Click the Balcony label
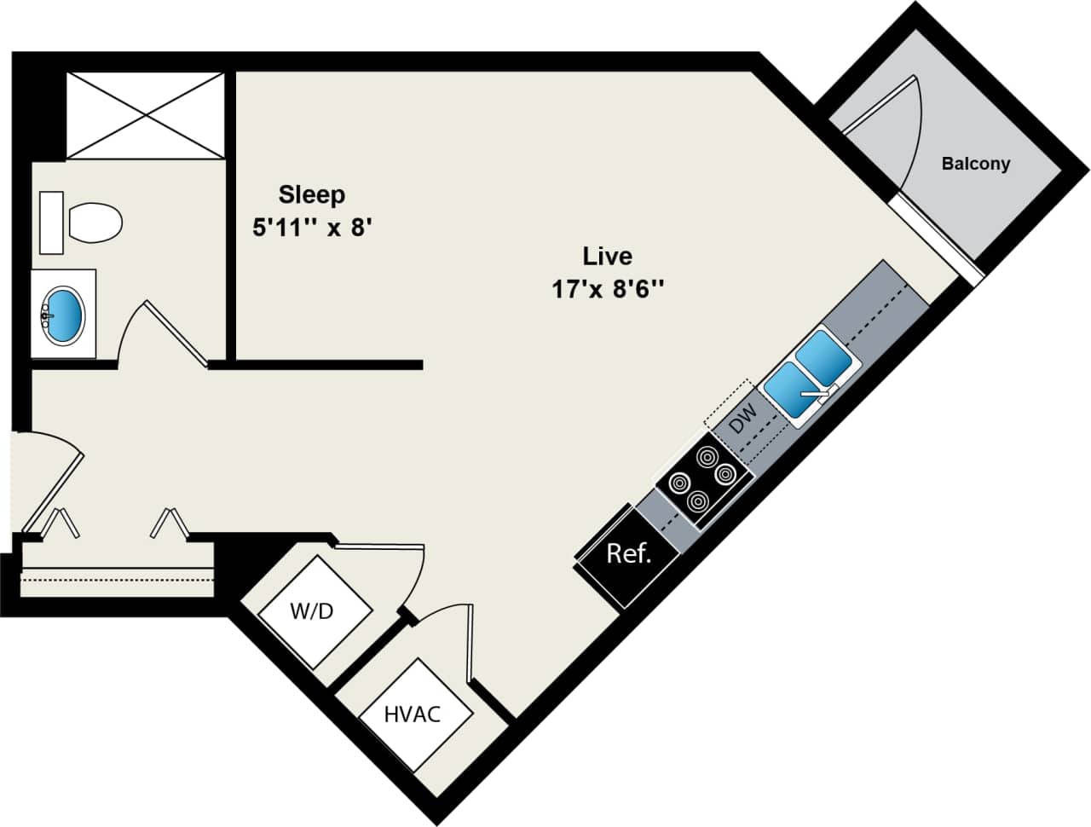point(975,164)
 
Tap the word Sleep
point(312,194)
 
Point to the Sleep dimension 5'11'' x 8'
point(313,228)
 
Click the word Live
point(607,256)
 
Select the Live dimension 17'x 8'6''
point(607,289)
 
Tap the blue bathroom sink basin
point(64,314)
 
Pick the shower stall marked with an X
point(145,115)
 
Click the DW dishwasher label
point(743,418)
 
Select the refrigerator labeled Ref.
point(628,555)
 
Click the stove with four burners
point(702,479)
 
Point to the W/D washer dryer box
point(315,611)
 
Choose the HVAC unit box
point(413,714)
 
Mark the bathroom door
point(175,333)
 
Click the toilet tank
point(51,223)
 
